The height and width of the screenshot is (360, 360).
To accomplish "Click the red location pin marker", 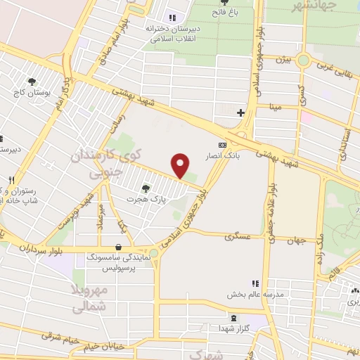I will (181, 166).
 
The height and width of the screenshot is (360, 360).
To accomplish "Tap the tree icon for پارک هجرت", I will (146, 188).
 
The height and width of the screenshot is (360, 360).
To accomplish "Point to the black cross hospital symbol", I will (240, 112).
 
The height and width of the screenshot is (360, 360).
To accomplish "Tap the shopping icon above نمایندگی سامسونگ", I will (117, 247).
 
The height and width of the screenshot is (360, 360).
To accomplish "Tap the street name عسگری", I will (238, 237).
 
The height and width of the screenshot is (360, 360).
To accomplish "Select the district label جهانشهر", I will (333, 6).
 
